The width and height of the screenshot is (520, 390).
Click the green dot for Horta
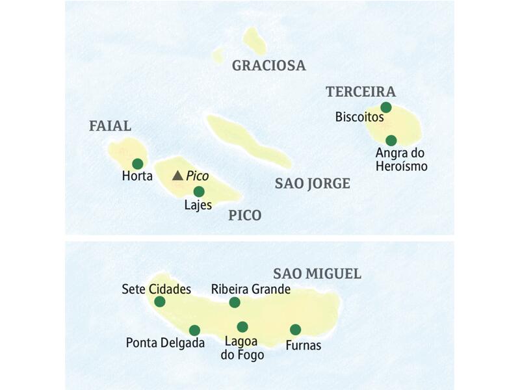pyautogui.click(x=137, y=164)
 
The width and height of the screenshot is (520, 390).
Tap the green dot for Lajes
pyautogui.click(x=199, y=191)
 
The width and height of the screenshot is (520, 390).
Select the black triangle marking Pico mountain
pyautogui.click(x=177, y=175)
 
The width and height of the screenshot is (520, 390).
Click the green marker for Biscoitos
pyautogui.click(x=386, y=107)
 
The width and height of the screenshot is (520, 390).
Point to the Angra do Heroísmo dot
pyautogui.click(x=391, y=140)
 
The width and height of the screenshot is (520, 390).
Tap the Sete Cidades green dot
pyautogui.click(x=160, y=302)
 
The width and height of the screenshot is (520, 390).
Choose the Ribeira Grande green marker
pyautogui.click(x=235, y=302)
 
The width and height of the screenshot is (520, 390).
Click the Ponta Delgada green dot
pyautogui.click(x=194, y=330)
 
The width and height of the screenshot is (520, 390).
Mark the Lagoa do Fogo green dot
pyautogui.click(x=242, y=327)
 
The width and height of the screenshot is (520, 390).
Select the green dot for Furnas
pyautogui.click(x=295, y=330)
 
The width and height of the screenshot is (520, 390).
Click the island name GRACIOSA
pyautogui.click(x=268, y=66)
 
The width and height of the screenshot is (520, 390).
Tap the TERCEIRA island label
pyautogui.click(x=361, y=92)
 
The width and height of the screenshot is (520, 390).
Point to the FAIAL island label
pyautogui.click(x=110, y=126)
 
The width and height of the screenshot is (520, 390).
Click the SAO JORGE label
pyautogui.click(x=312, y=184)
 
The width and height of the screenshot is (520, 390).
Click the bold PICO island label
pyautogui.click(x=245, y=216)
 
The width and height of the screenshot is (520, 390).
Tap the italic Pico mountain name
pyautogui.click(x=197, y=176)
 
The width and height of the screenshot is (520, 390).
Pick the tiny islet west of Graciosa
pyautogui.click(x=219, y=55)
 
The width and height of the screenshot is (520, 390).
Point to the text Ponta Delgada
pyautogui.click(x=165, y=343)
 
